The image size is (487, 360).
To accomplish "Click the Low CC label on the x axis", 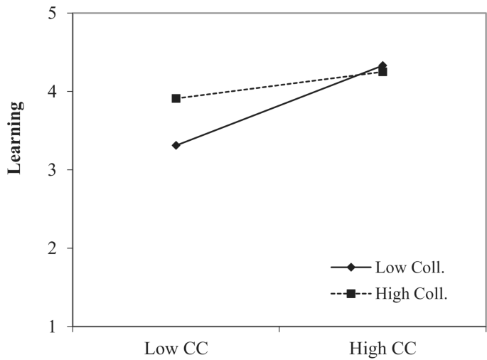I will click(x=175, y=348).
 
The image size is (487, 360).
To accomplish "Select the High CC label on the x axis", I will click(x=382, y=348).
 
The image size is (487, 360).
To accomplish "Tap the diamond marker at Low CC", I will click(x=176, y=145).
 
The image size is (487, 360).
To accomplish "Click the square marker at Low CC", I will click(x=176, y=98).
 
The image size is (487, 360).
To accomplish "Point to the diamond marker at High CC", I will click(x=382, y=65).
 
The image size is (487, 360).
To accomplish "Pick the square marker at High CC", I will click(x=382, y=72).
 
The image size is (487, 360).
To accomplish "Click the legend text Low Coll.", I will click(x=405, y=268).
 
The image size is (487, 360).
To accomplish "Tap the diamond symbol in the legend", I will click(x=350, y=268).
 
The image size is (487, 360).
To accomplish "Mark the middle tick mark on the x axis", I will click(x=279, y=329).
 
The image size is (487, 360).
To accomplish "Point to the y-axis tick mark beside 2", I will click(x=70, y=248).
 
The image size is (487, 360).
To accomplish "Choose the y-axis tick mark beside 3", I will click(x=70, y=170).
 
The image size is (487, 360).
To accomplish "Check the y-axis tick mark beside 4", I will click(x=70, y=92).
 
